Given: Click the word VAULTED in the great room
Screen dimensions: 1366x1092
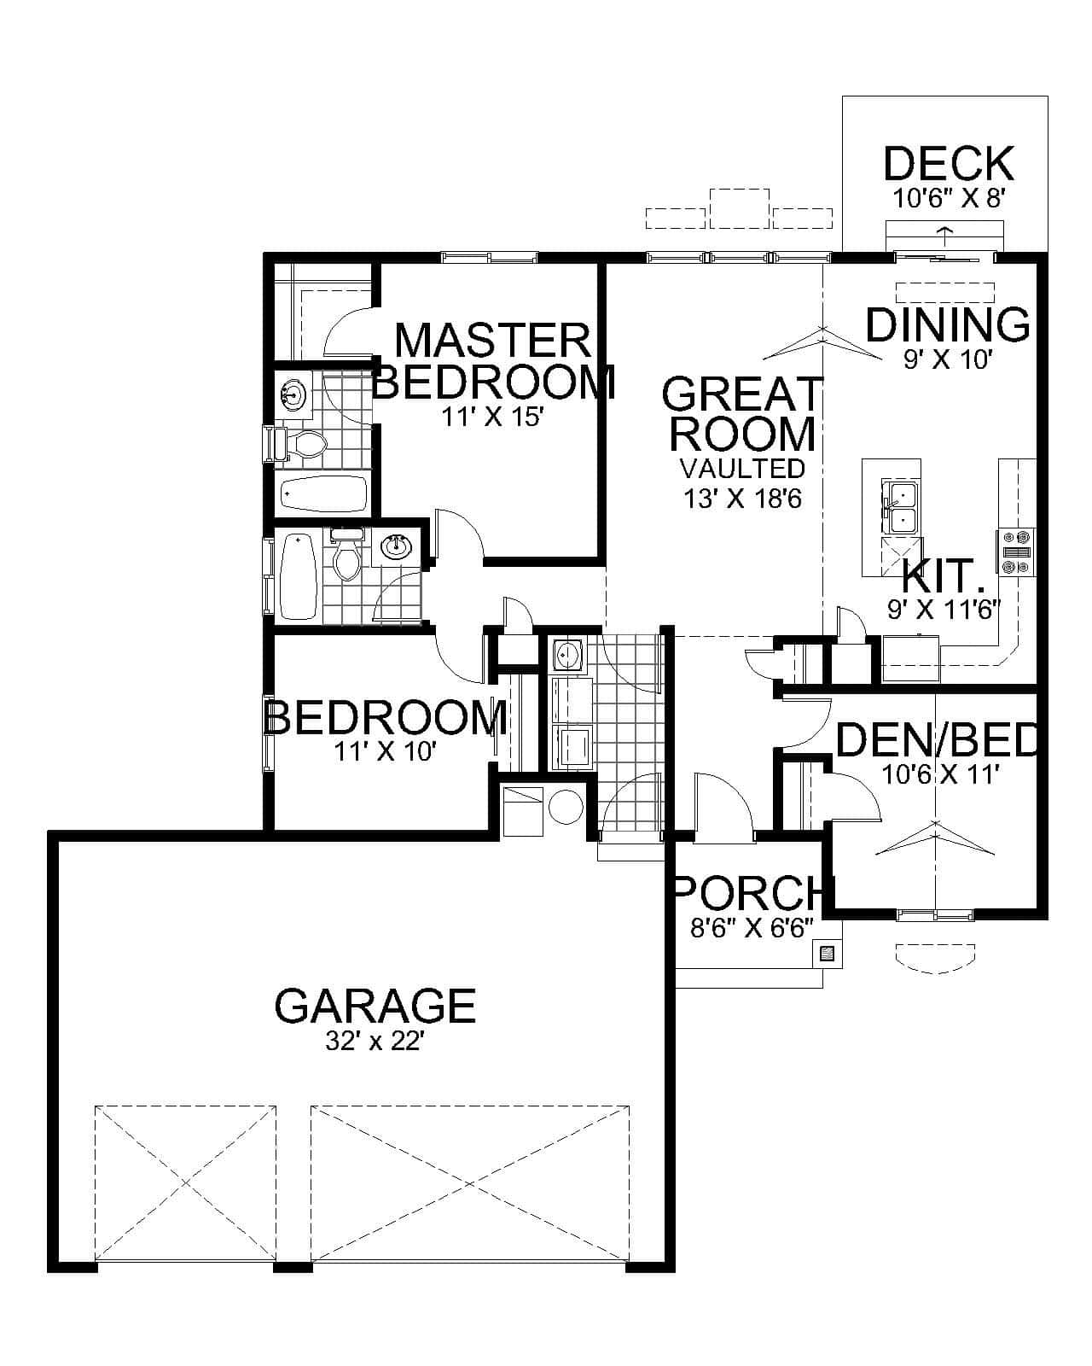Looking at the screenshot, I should [742, 469].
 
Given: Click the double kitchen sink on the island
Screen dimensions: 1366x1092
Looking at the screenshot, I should [901, 508].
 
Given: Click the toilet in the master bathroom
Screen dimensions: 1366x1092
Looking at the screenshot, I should [302, 444].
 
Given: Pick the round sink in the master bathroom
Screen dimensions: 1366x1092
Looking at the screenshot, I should [293, 395].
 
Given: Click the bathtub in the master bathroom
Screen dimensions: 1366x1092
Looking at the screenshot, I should [323, 494].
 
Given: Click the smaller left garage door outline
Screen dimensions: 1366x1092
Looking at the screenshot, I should [185, 1182].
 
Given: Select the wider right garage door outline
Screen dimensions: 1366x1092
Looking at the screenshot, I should [470, 1182].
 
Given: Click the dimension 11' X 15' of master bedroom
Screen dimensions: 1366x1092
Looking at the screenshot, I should [492, 418].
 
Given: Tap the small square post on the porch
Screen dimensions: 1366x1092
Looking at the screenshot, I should [826, 954].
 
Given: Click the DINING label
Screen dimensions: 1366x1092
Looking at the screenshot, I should [947, 325].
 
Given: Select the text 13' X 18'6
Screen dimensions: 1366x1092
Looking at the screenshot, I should [742, 499].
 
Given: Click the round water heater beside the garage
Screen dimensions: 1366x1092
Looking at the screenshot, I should [565, 806].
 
